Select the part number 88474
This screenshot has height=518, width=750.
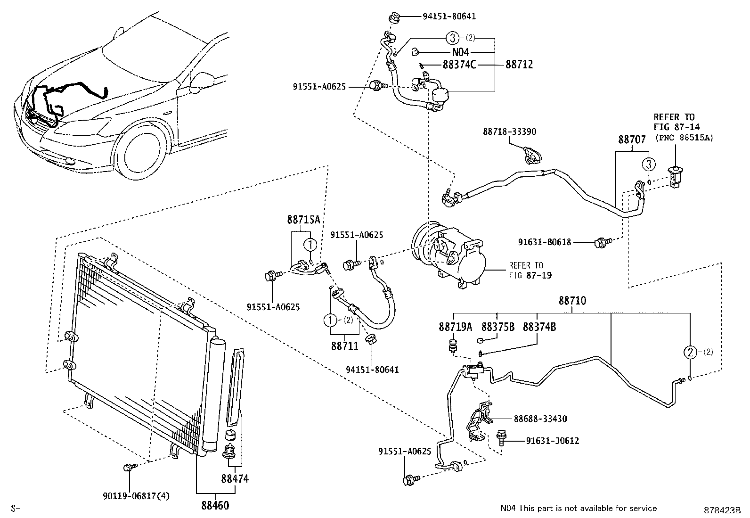(235, 479)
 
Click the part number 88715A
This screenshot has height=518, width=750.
(303, 219)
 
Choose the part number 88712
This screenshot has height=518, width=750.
(519, 65)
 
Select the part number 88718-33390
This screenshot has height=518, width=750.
(509, 132)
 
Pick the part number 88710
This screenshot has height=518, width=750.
(572, 300)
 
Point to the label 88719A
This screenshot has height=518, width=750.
(455, 326)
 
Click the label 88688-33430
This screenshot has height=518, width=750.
(540, 419)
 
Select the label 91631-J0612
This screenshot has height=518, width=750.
(553, 441)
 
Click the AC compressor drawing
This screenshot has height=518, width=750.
(445, 255)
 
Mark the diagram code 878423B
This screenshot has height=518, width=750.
(723, 510)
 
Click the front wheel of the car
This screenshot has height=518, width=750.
(143, 151)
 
